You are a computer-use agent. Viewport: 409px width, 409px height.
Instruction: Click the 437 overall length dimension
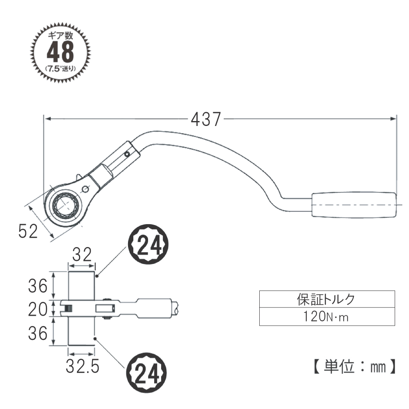coord(206,119)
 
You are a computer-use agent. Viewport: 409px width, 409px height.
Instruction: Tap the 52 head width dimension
coord(28,231)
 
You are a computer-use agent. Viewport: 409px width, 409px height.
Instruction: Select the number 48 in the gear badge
coord(60,52)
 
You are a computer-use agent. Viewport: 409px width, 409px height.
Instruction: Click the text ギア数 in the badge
coord(60,35)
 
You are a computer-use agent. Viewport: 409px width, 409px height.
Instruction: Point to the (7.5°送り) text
coord(61,69)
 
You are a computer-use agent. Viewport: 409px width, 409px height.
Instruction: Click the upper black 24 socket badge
coord(148,245)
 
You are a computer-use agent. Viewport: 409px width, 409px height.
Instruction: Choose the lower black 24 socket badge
coord(146,373)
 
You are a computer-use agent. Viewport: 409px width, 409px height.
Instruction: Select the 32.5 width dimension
coord(83,366)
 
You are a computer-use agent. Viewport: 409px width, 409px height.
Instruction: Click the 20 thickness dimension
coord(38,310)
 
